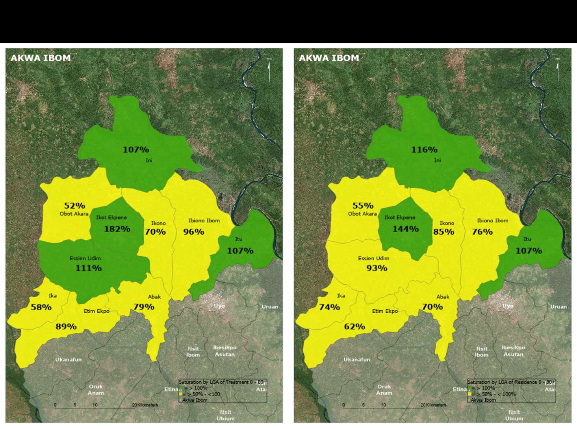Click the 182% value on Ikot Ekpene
(x=117, y=229)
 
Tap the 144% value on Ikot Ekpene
(x=405, y=229)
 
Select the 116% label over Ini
(x=424, y=149)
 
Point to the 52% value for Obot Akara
(x=74, y=205)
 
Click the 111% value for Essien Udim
(x=89, y=268)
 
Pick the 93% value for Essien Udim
(x=377, y=268)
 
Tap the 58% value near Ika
(x=41, y=307)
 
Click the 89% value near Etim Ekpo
(x=66, y=326)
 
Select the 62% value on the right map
(x=354, y=326)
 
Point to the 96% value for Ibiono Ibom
(x=193, y=231)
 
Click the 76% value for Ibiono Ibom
(x=482, y=231)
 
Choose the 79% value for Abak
(x=144, y=306)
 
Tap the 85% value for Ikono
(x=443, y=231)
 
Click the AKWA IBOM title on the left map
(x=41, y=58)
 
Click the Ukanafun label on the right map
(x=356, y=359)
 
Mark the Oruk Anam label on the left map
(x=96, y=390)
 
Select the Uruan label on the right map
(x=558, y=306)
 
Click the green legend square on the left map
(x=181, y=388)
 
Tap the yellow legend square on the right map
(x=469, y=394)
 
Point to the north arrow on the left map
(x=269, y=70)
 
